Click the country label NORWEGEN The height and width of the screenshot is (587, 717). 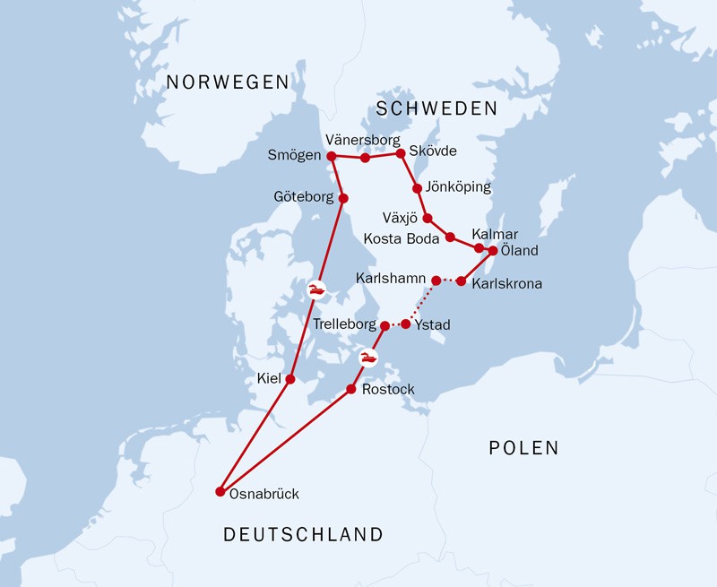click(x=229, y=82)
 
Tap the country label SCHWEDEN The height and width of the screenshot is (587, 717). click(x=436, y=108)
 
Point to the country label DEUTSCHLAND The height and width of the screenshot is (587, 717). click(x=303, y=535)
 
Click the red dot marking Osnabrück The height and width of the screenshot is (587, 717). click(x=220, y=491)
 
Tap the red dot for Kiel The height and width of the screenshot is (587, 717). click(x=289, y=379)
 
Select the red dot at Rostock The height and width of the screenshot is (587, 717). click(x=351, y=390)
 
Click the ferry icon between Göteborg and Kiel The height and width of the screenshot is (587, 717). click(x=316, y=289)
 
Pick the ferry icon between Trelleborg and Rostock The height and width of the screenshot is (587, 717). click(x=368, y=358)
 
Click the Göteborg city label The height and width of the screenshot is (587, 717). click(x=301, y=196)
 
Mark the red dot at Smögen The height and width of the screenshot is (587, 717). click(x=331, y=156)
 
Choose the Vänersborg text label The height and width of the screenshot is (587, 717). click(x=362, y=140)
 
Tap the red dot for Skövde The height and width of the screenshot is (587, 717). click(x=401, y=153)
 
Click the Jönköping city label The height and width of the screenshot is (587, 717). click(x=459, y=187)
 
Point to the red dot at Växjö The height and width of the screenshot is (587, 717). click(x=428, y=218)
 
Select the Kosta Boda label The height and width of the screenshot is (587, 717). click(x=402, y=238)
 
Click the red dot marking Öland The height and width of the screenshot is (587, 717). click(x=492, y=251)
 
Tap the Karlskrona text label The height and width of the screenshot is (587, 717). click(x=506, y=284)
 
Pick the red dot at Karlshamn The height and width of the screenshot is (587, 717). click(x=436, y=281)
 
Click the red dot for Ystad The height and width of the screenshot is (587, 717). click(x=405, y=324)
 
